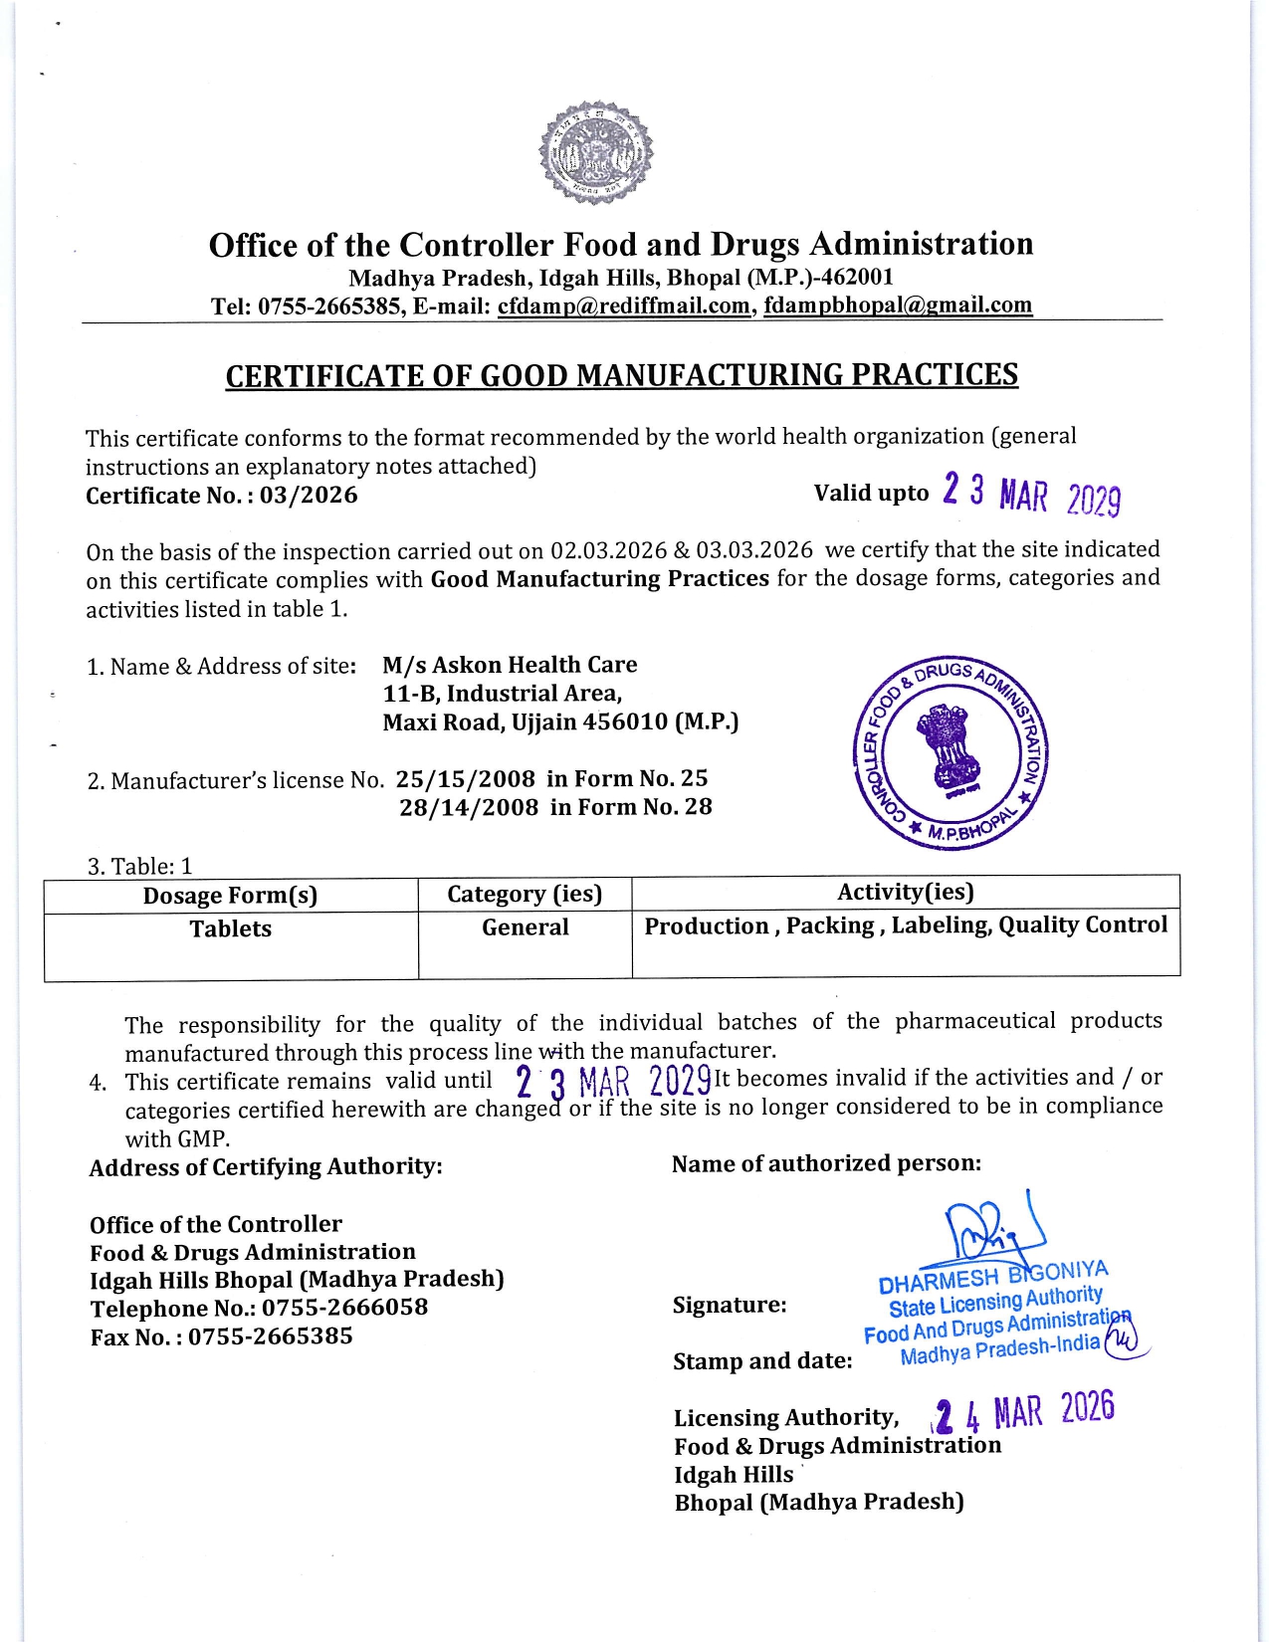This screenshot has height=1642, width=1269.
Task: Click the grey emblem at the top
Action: [596, 153]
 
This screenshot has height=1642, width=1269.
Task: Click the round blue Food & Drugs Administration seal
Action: [952, 753]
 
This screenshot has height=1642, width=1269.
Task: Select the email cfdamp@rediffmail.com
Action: [623, 307]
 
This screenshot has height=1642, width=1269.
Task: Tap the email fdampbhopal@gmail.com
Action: [898, 306]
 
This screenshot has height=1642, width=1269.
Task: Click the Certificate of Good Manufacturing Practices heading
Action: [621, 375]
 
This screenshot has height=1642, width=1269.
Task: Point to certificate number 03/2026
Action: [309, 496]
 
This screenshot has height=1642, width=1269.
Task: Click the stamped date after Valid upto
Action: [1031, 495]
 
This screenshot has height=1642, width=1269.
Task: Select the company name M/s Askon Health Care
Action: [510, 665]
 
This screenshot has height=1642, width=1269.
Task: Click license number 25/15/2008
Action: [466, 779]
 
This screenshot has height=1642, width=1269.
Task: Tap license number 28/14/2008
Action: [469, 807]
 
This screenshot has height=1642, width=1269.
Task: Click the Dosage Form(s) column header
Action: [230, 896]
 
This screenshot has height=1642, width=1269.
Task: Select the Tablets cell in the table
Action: [230, 929]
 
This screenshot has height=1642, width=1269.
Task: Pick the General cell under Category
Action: [525, 927]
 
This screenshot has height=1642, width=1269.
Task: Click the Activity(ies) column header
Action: [905, 892]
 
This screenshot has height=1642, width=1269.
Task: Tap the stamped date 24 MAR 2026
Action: [1024, 1412]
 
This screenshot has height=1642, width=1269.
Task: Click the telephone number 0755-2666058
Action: [344, 1308]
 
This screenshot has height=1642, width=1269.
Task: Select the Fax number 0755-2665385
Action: [270, 1336]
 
